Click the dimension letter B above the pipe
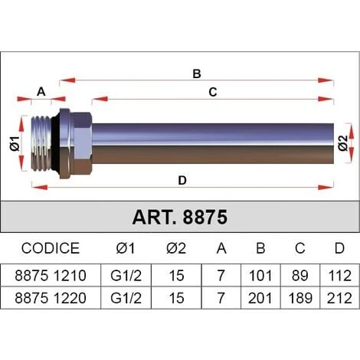tap(197, 74)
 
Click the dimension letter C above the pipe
tap(213, 92)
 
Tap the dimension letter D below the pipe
tap(182, 181)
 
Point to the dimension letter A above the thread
tap(41, 92)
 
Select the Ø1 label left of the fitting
tap(15, 144)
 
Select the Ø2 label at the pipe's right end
tap(343, 143)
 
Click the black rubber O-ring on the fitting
tap(55, 144)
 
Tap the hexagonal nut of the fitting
tap(82, 143)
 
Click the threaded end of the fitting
tap(41, 143)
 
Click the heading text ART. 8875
tap(180, 218)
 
